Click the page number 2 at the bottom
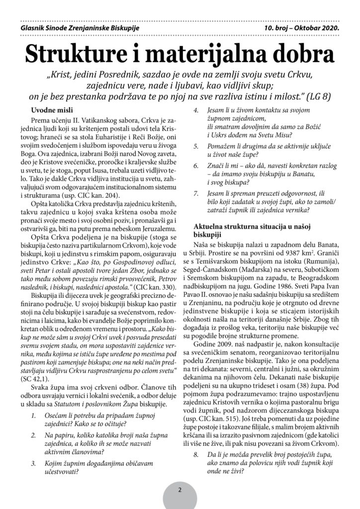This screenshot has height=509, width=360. point(180,489)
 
